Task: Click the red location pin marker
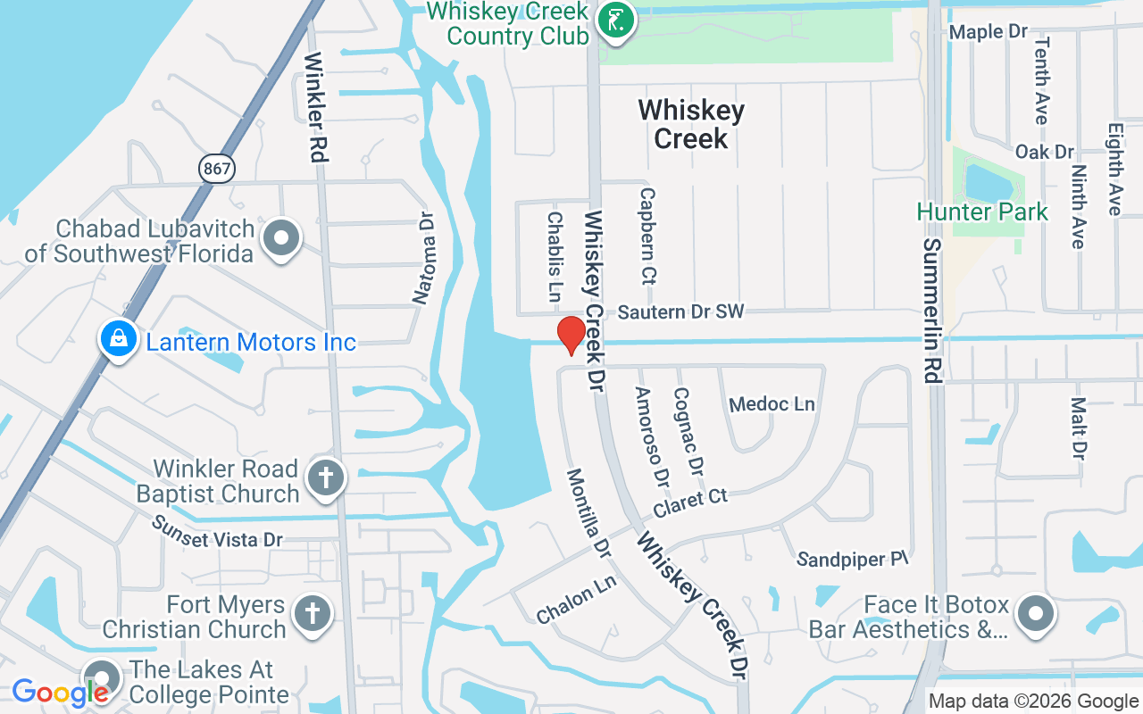pyautogui.click(x=571, y=335)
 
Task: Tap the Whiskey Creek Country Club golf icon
pyautogui.click(x=616, y=20)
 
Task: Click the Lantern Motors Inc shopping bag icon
pyautogui.click(x=118, y=339)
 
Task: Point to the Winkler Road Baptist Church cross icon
pyautogui.click(x=325, y=478)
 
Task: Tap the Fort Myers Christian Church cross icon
pyautogui.click(x=312, y=614)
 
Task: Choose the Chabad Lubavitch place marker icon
pyautogui.click(x=283, y=238)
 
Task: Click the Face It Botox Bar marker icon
pyautogui.click(x=1036, y=614)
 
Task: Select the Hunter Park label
pyautogui.click(x=982, y=212)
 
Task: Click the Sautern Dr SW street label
pyautogui.click(x=680, y=311)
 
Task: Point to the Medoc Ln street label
pyautogui.click(x=772, y=404)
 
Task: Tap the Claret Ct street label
pyautogui.click(x=690, y=502)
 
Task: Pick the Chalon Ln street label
pyautogui.click(x=576, y=600)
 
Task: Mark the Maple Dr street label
pyautogui.click(x=989, y=32)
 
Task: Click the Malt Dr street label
pyautogui.click(x=1079, y=429)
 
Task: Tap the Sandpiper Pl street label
pyautogui.click(x=852, y=560)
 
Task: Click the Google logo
pyautogui.click(x=60, y=693)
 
